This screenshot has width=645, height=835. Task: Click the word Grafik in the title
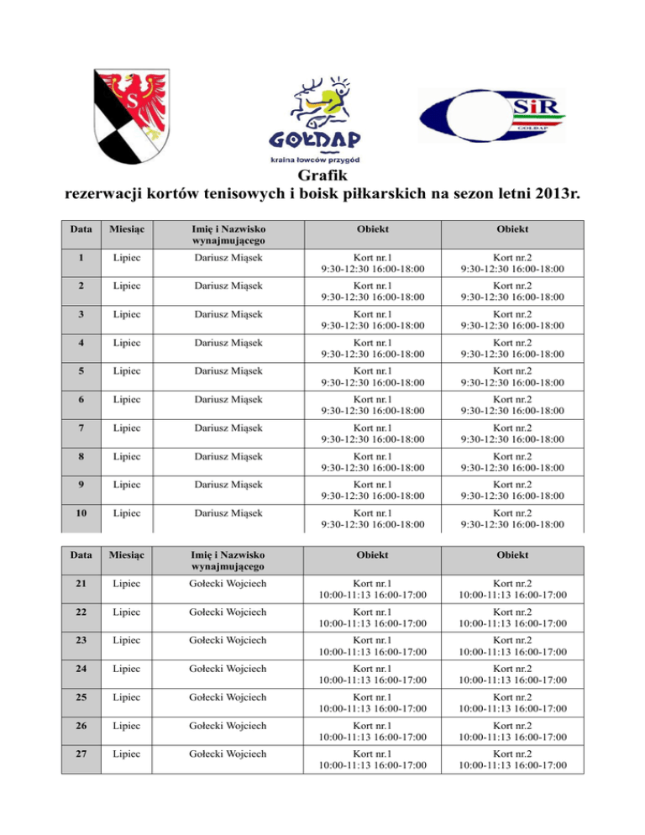(322, 177)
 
